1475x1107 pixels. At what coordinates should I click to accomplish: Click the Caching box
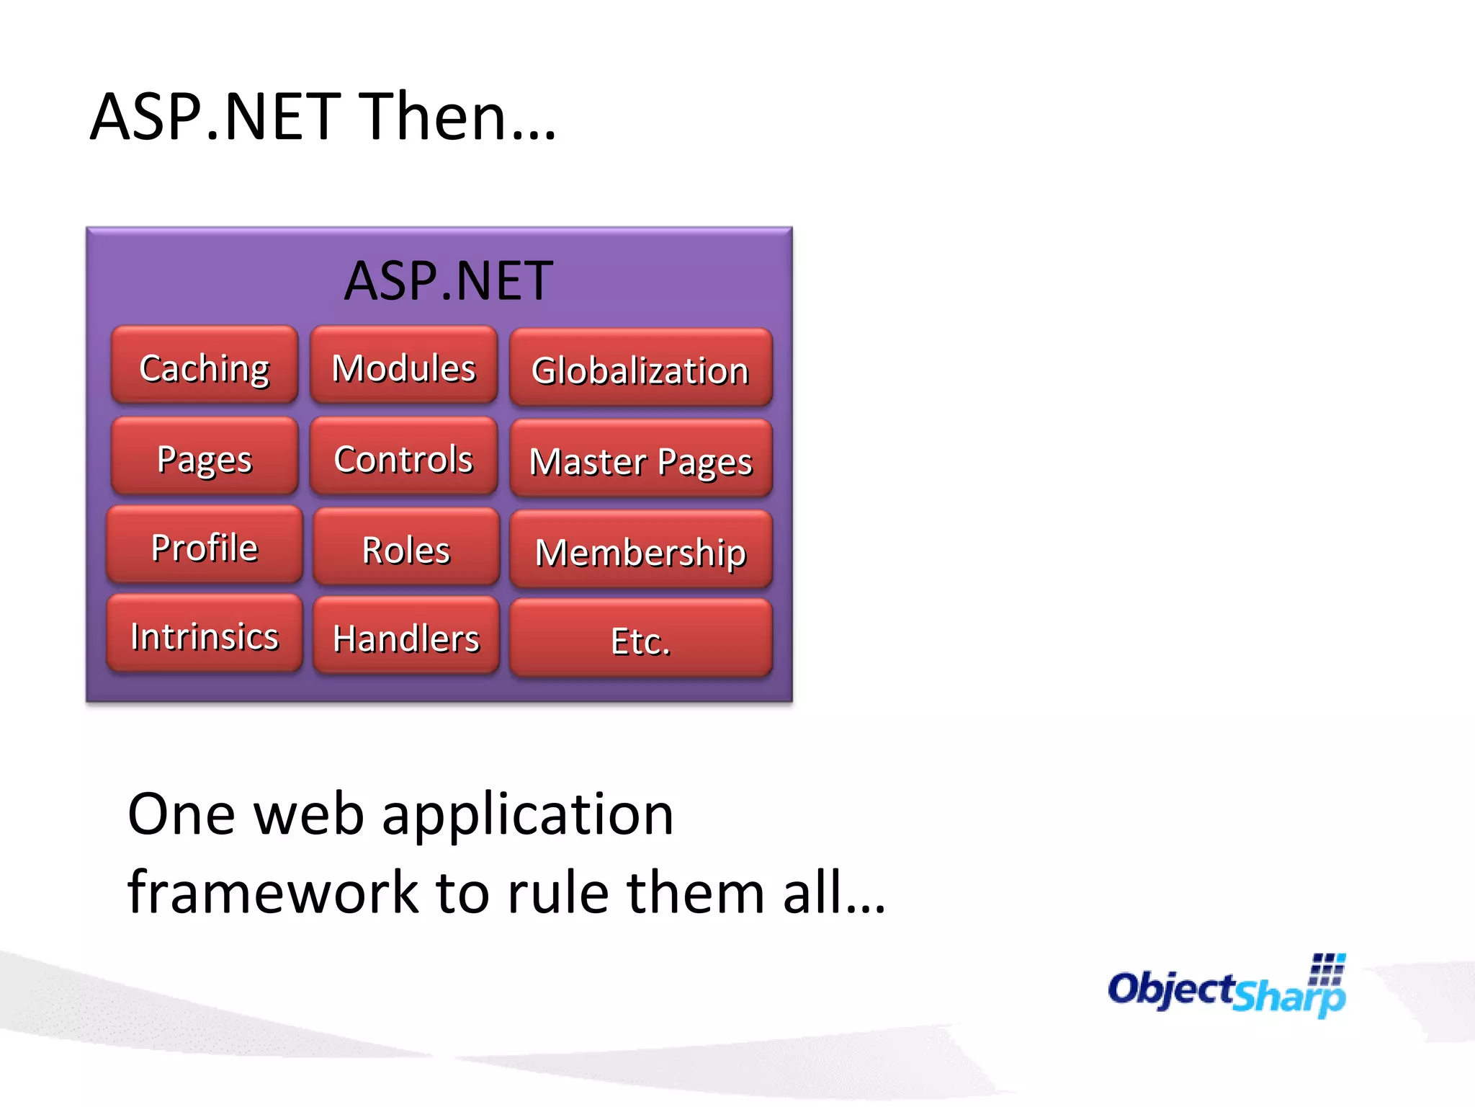point(205,365)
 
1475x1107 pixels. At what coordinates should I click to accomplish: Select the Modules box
point(404,365)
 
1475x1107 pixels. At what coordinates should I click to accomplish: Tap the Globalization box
point(640,368)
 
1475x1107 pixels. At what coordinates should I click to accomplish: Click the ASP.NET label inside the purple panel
point(449,280)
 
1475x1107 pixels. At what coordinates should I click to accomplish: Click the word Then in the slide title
point(433,117)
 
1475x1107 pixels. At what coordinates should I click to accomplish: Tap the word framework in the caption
point(273,892)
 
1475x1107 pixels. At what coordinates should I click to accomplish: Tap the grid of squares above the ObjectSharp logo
point(1327,969)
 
